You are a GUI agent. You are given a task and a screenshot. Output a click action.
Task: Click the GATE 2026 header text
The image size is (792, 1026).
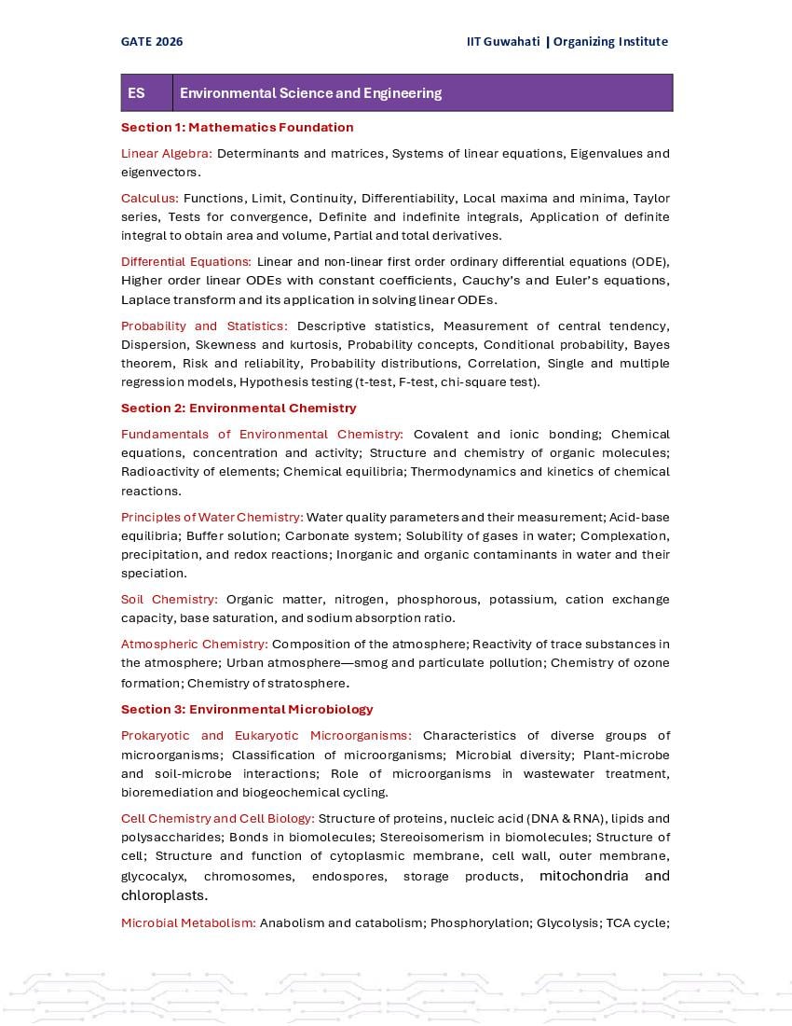click(152, 41)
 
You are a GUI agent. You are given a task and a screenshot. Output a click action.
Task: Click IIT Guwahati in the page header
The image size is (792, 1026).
click(503, 41)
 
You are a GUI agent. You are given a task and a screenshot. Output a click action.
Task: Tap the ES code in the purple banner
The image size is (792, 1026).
click(137, 93)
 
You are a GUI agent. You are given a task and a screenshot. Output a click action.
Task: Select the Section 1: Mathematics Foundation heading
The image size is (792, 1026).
click(237, 127)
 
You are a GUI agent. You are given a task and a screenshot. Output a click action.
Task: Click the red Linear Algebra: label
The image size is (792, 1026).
click(167, 153)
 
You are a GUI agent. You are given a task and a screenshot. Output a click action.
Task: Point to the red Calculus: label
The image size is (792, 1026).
click(150, 198)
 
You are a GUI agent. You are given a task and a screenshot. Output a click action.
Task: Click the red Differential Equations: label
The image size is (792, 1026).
click(186, 261)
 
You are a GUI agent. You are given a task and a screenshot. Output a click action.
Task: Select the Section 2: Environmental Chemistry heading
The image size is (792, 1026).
click(239, 408)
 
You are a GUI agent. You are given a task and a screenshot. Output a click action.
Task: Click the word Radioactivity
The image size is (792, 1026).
click(159, 471)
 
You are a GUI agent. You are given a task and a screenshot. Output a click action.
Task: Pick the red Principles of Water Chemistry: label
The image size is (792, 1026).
click(212, 517)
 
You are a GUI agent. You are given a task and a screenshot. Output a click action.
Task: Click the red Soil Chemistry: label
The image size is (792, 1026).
click(170, 599)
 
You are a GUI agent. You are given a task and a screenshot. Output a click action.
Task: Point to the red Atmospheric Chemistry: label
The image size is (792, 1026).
click(194, 644)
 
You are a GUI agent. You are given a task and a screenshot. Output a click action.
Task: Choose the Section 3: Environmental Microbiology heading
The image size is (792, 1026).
click(247, 709)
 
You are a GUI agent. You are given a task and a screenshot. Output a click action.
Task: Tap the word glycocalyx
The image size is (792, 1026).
click(153, 876)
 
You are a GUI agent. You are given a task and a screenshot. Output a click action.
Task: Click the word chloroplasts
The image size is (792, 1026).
click(163, 895)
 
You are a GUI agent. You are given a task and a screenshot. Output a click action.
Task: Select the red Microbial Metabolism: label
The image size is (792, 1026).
click(188, 922)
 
